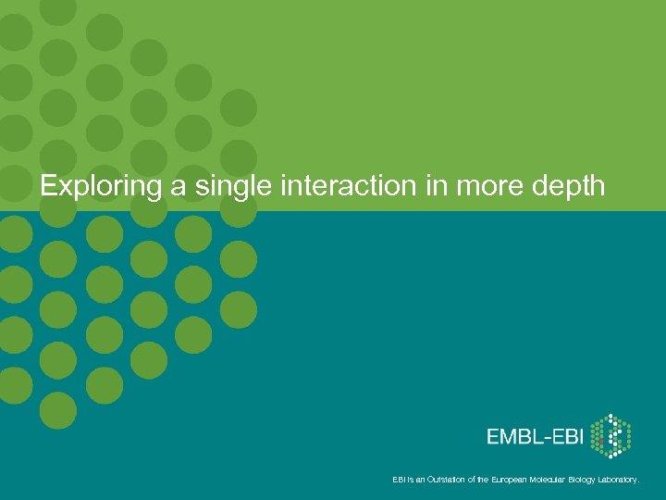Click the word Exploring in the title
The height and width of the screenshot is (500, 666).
tap(101, 187)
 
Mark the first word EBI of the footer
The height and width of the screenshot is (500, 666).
tap(398, 480)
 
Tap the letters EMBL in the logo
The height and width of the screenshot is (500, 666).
tap(515, 436)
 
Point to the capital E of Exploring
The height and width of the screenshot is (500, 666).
tap(48, 186)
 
